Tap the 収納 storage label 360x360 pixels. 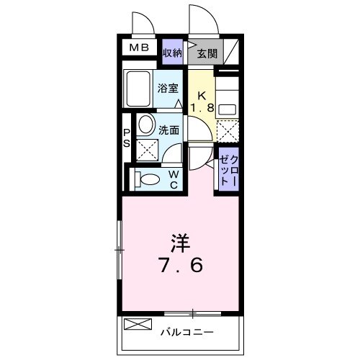pos(171,53)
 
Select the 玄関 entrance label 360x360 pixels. pos(207,53)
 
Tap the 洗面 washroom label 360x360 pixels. pos(169,131)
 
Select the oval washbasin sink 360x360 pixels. pos(145,125)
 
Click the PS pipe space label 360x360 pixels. pos(126,138)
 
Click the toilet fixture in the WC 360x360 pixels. pos(148,179)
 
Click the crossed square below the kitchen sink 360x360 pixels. pos(228,132)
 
